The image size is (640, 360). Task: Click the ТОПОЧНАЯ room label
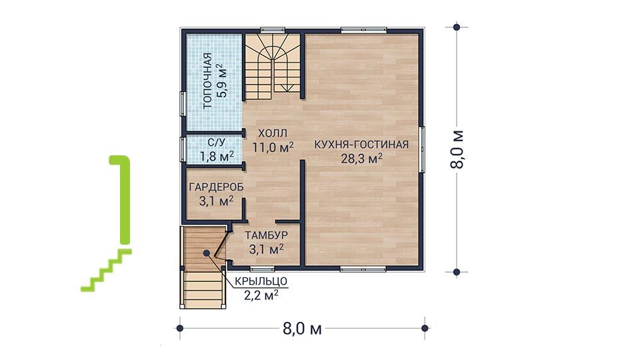(x=208, y=81)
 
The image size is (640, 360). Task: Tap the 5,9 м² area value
(x=222, y=80)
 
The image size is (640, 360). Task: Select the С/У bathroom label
(x=216, y=143)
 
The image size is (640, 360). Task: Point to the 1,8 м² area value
(x=217, y=156)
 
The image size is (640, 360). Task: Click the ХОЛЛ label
(x=273, y=133)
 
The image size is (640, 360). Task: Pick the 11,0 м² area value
(x=273, y=147)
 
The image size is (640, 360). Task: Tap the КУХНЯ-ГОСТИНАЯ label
(x=361, y=145)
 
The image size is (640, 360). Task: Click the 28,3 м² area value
(x=361, y=159)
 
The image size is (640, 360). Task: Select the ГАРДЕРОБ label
(x=216, y=187)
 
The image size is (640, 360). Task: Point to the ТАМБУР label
(x=266, y=235)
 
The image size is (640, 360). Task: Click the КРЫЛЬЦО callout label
(x=261, y=281)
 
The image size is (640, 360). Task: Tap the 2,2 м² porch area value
(x=261, y=295)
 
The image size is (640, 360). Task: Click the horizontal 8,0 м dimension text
(x=302, y=329)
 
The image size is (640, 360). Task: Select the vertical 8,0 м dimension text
(x=457, y=149)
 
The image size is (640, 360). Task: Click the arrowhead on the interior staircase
(x=289, y=88)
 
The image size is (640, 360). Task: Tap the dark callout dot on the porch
(x=207, y=253)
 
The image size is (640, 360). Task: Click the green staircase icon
(x=106, y=224)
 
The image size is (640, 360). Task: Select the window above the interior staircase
(x=273, y=30)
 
